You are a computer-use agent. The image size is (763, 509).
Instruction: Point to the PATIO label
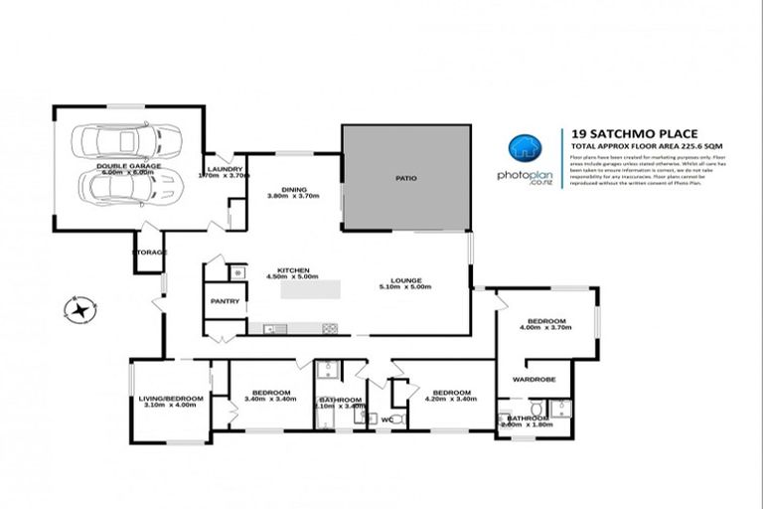coord(406,179)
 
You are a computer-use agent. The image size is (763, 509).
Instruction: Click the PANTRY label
coord(226,300)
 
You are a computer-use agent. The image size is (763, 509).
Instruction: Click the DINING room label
coord(293,188)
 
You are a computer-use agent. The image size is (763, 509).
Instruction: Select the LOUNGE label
coord(406,280)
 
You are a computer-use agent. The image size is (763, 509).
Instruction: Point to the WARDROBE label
coord(533,379)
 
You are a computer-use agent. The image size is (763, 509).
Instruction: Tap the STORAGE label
coord(151,253)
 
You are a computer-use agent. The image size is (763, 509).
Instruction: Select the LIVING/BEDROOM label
coord(171,399)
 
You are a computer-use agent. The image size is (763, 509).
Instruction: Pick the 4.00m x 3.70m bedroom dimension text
coord(546,330)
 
